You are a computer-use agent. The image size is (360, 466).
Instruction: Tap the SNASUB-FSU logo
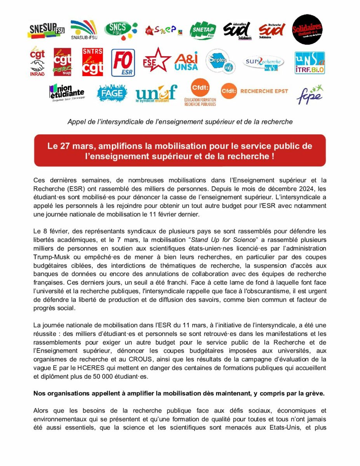coord(83,30)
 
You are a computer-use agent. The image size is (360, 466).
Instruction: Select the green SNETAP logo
coord(203,30)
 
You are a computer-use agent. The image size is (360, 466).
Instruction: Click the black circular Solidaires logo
coord(307,30)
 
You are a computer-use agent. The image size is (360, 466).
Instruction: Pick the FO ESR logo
coord(123,63)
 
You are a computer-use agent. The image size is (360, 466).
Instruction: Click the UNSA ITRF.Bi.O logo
coord(310,63)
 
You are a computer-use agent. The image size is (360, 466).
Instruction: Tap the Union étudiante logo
coord(66,92)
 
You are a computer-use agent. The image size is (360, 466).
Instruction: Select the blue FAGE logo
coord(112,93)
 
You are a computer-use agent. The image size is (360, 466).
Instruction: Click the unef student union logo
coord(156,94)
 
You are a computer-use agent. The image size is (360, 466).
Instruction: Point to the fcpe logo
coord(310,94)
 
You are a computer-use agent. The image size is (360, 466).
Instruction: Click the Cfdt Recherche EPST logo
coord(254,91)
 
